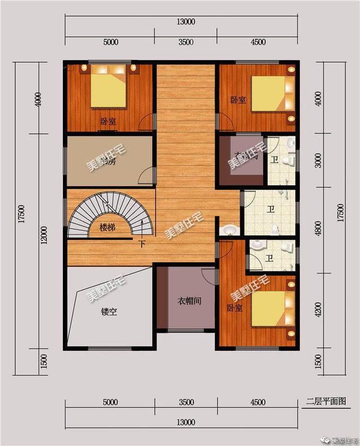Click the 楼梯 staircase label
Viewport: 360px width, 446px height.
click(x=108, y=228)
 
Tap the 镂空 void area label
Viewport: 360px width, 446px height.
click(x=109, y=311)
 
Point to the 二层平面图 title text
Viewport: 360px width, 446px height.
click(x=327, y=401)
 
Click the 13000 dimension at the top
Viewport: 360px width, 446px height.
click(x=185, y=23)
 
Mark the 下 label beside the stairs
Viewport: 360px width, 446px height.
click(x=142, y=244)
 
